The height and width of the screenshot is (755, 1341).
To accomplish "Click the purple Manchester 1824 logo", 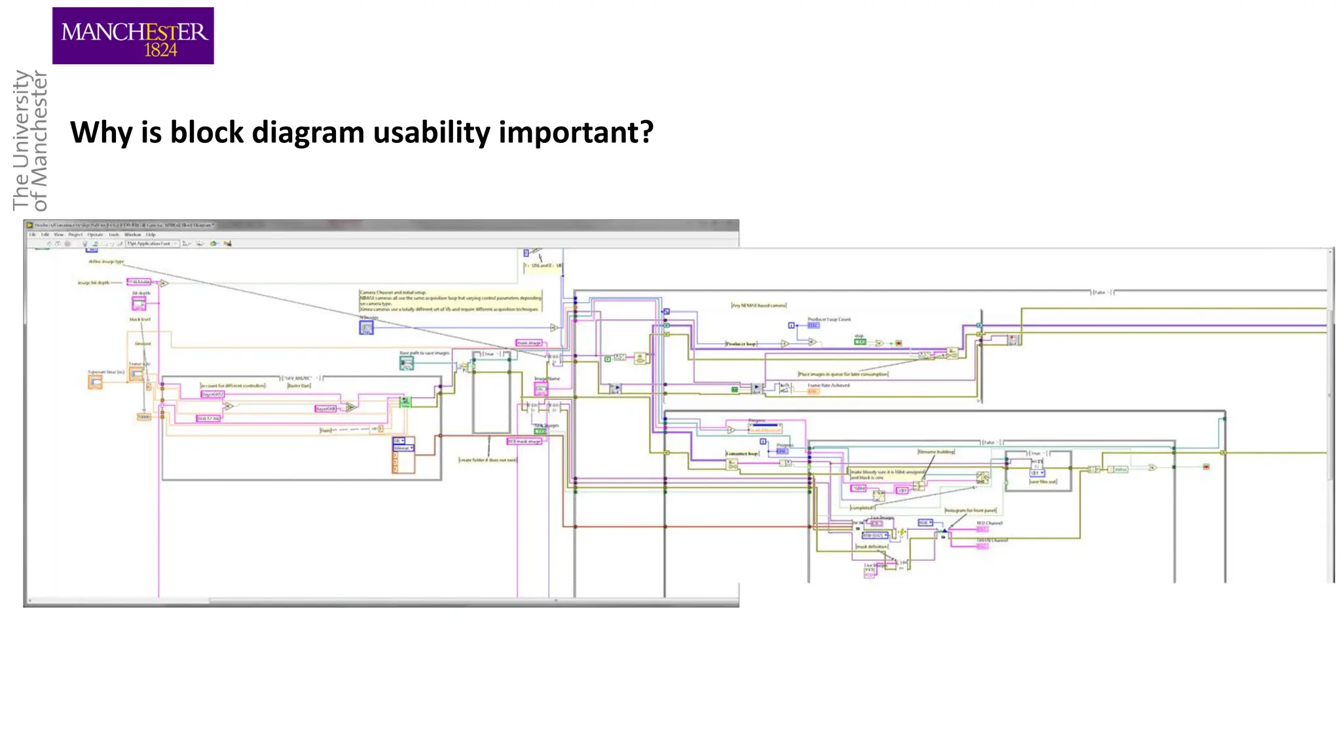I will (133, 36).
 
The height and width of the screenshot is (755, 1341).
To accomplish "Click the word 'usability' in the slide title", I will (432, 133).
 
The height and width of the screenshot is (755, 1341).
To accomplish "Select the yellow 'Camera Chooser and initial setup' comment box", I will (450, 300).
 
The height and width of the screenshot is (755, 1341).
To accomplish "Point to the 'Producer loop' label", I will (741, 343).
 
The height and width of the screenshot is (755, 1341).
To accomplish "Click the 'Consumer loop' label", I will (742, 454).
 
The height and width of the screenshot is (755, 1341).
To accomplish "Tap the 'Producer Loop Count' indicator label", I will (829, 319).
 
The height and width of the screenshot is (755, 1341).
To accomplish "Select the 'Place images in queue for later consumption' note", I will (843, 374).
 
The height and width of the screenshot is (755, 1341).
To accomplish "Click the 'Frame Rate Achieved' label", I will (828, 385).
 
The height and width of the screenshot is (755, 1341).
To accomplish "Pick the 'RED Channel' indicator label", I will (989, 523).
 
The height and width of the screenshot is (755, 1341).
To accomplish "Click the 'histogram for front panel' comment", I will (970, 510).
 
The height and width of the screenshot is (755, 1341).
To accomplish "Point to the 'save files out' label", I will (1042, 482).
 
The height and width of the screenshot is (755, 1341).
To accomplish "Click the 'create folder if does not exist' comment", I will (487, 460).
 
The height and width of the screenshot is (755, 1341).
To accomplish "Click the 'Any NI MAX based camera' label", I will (758, 305).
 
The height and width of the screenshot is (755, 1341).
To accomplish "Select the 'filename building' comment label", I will (936, 452).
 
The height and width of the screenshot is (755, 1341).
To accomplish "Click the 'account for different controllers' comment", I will (233, 385).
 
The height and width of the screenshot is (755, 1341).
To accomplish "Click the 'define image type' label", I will (106, 261).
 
